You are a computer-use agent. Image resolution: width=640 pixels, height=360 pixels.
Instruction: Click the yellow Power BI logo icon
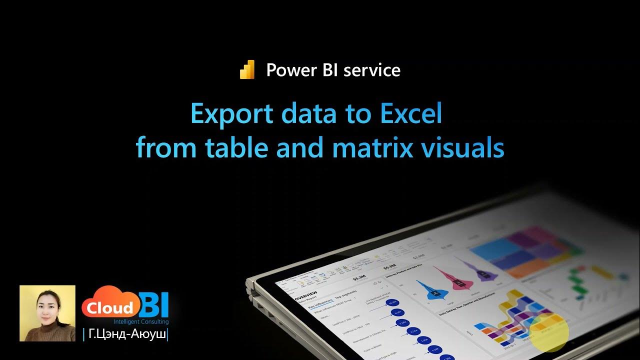(247, 70)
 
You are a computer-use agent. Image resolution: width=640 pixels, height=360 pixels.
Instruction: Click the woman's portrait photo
(47, 313)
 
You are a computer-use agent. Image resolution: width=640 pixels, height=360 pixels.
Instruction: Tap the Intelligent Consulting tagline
(141, 322)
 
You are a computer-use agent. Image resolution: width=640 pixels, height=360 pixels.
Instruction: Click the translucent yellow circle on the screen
(549, 332)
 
